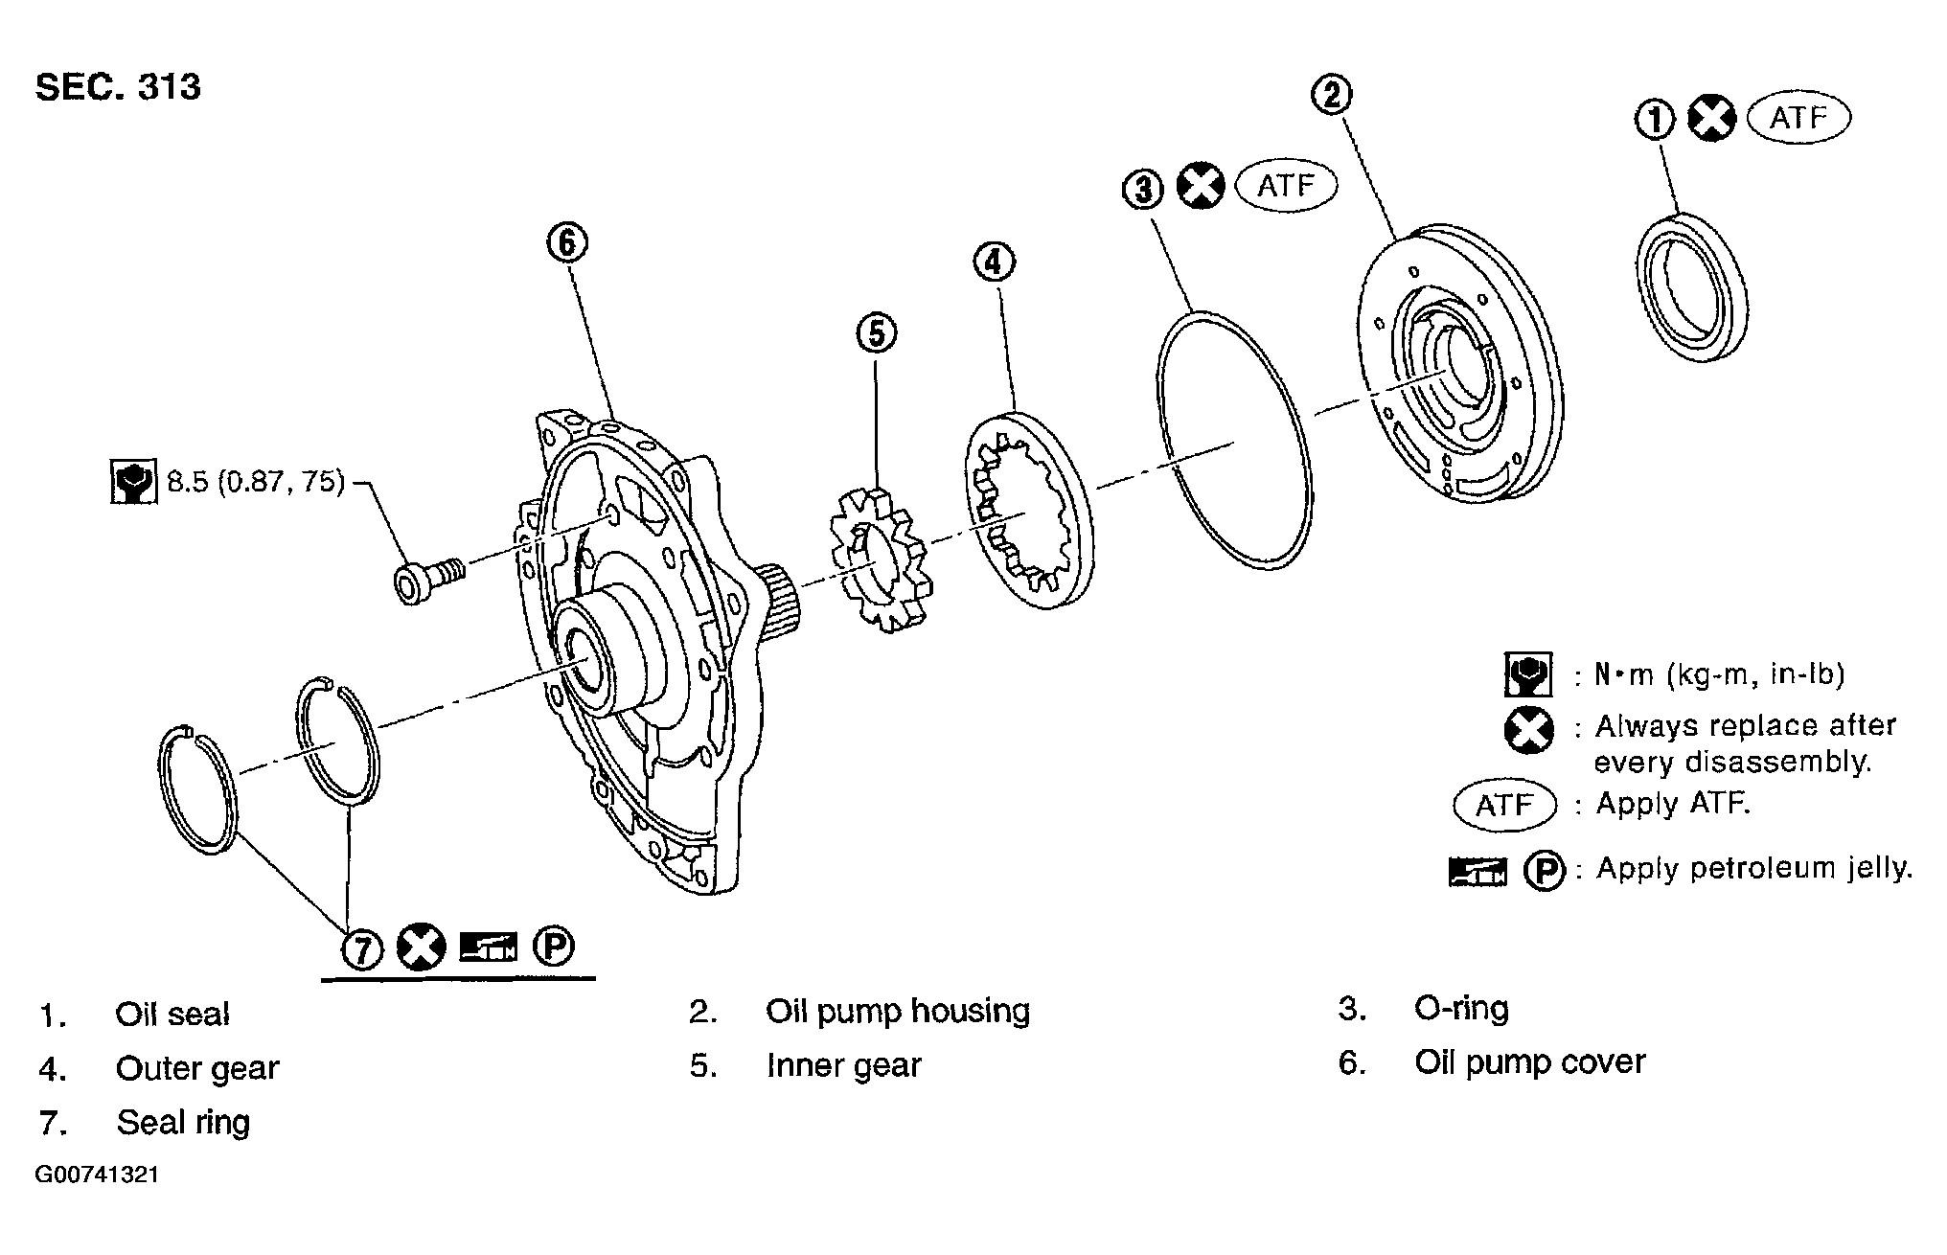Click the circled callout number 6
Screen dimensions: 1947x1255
pyautogui.click(x=567, y=243)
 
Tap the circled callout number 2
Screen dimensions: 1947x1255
pyautogui.click(x=1331, y=94)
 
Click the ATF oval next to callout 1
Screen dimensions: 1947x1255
pyautogui.click(x=1798, y=118)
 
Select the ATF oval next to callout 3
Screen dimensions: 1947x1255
pyautogui.click(x=1286, y=186)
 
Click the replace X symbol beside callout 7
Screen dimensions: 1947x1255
pyautogui.click(x=422, y=947)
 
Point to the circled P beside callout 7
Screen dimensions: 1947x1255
pyautogui.click(x=553, y=947)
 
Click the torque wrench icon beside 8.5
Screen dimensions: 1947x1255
pyautogui.click(x=133, y=483)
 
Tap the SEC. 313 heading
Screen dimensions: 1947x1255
pyautogui.click(x=119, y=87)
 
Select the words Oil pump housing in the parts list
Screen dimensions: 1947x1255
pyautogui.click(x=898, y=1012)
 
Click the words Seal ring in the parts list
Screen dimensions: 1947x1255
pyautogui.click(x=183, y=1123)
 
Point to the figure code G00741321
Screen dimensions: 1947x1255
pyautogui.click(x=97, y=1175)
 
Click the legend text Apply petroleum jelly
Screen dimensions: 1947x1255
pyautogui.click(x=1753, y=868)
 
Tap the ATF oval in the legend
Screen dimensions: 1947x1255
pyautogui.click(x=1504, y=805)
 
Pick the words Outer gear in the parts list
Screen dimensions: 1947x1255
pyautogui.click(x=197, y=1068)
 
